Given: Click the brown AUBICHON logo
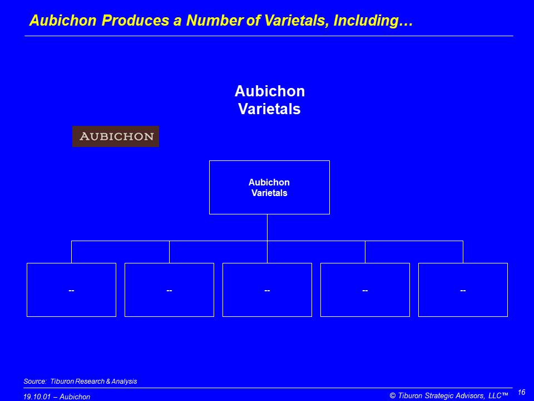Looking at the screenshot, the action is pyautogui.click(x=116, y=136).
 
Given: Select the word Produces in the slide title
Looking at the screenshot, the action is pyautogui.click(x=135, y=20).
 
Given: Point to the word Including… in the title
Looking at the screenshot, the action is pyautogui.click(x=373, y=21).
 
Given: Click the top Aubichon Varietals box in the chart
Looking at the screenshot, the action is pyautogui.click(x=269, y=187).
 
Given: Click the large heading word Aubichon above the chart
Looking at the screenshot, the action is pyautogui.click(x=270, y=91).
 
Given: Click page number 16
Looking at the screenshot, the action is pyautogui.click(x=521, y=392).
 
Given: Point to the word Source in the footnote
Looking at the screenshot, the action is pyautogui.click(x=34, y=381).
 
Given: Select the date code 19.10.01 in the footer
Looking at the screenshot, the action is pyautogui.click(x=37, y=397).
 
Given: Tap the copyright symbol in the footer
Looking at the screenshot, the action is pyautogui.click(x=393, y=395).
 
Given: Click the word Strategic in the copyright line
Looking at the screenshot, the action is pyautogui.click(x=439, y=395).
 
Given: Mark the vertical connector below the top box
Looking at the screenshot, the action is pyautogui.click(x=268, y=227).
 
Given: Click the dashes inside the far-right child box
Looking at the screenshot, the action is pyautogui.click(x=463, y=291).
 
